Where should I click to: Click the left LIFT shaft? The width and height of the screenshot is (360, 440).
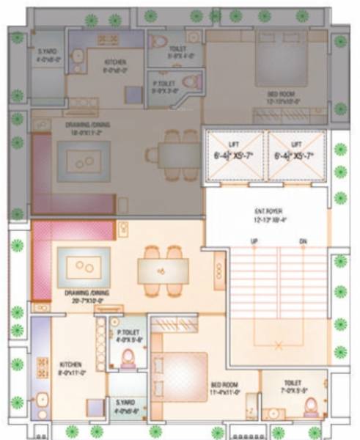[234, 155]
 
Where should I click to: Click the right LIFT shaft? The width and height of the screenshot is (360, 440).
[297, 155]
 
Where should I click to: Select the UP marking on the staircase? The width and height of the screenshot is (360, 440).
[253, 241]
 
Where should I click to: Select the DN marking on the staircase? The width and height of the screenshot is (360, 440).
[302, 241]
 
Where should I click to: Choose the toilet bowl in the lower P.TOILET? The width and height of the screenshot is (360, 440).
[128, 358]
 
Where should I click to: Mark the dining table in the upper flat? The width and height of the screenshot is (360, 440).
[172, 154]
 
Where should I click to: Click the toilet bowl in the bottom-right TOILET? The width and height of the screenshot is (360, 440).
[310, 406]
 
